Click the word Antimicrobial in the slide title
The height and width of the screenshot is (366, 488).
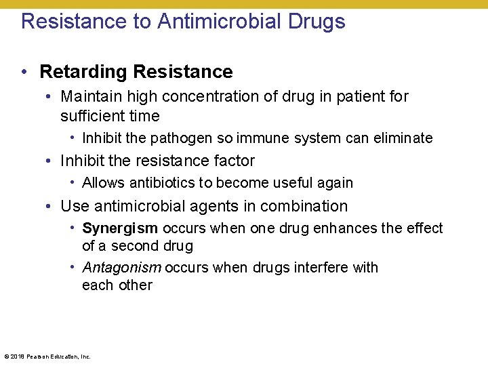point(218,21)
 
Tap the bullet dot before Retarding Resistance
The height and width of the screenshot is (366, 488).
point(25,72)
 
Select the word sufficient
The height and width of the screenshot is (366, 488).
point(93,116)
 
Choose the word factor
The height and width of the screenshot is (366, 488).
point(233,161)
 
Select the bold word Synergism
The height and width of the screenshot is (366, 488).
point(120,228)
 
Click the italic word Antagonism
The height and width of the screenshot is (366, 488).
point(121,268)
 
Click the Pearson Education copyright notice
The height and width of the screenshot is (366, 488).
point(47,356)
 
